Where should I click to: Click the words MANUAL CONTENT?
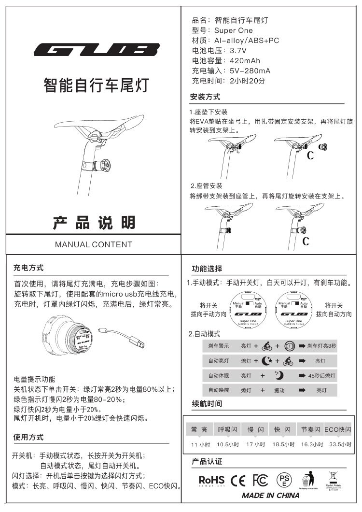[x=94, y=244]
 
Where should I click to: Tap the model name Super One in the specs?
[x=233, y=30]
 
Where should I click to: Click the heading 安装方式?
[x=205, y=97]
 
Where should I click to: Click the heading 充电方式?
[x=28, y=268]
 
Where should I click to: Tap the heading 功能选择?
[x=207, y=269]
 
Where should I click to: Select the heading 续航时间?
[x=207, y=404]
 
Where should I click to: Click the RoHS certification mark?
[x=211, y=480]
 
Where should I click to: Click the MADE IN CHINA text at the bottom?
[x=270, y=496]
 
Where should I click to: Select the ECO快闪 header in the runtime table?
[x=337, y=429]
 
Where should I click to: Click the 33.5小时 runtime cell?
[x=339, y=444]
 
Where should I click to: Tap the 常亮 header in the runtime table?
[x=199, y=429]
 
